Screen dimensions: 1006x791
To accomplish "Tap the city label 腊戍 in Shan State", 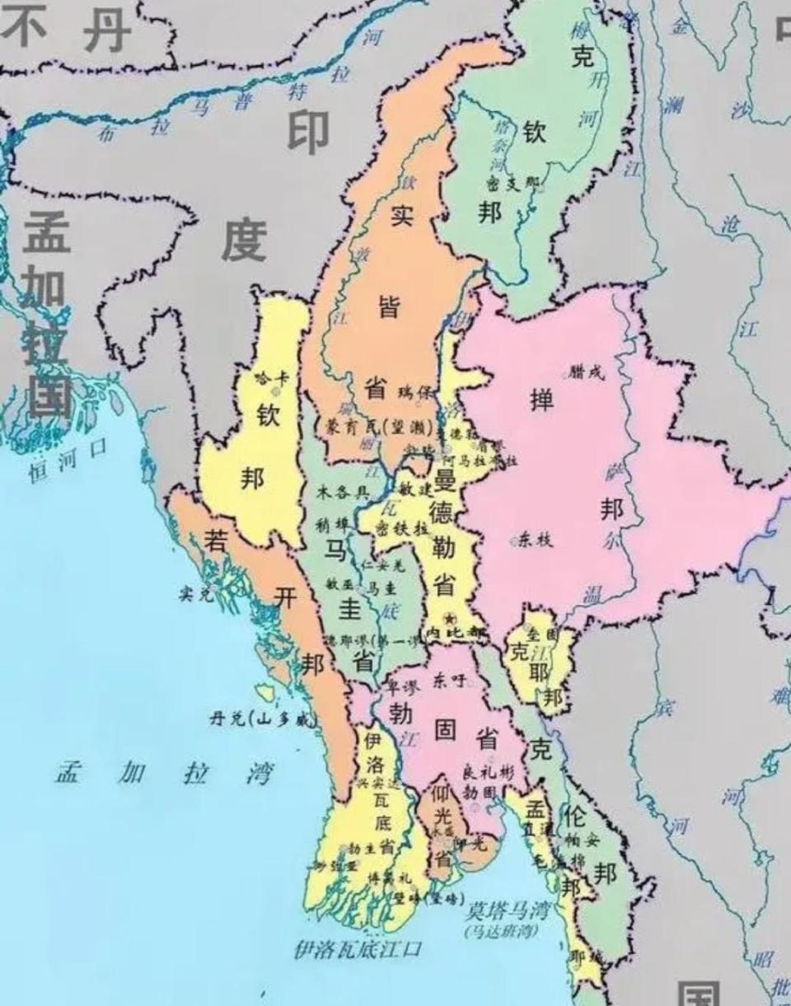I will pyautogui.click(x=587, y=372).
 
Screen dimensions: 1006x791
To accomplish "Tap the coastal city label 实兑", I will pyautogui.click(x=196, y=592).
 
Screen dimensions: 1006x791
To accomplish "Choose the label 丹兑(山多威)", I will pyautogui.click(x=263, y=719).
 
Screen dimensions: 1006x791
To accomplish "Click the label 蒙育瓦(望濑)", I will pyautogui.click(x=367, y=425).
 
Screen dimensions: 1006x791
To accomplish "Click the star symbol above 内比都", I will pyautogui.click(x=449, y=618).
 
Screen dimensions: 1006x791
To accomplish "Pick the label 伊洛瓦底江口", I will pyautogui.click(x=358, y=949).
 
